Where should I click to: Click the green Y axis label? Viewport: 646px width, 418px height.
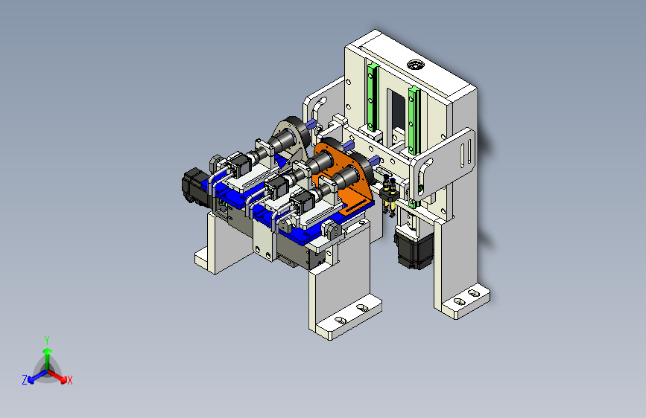coord(46,340)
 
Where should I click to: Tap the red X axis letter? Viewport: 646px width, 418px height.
coord(70,381)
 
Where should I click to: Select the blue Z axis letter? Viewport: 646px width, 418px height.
coord(25,380)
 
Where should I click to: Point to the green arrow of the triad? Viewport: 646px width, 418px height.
coord(47,356)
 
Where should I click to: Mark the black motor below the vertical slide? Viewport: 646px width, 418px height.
coord(411,245)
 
